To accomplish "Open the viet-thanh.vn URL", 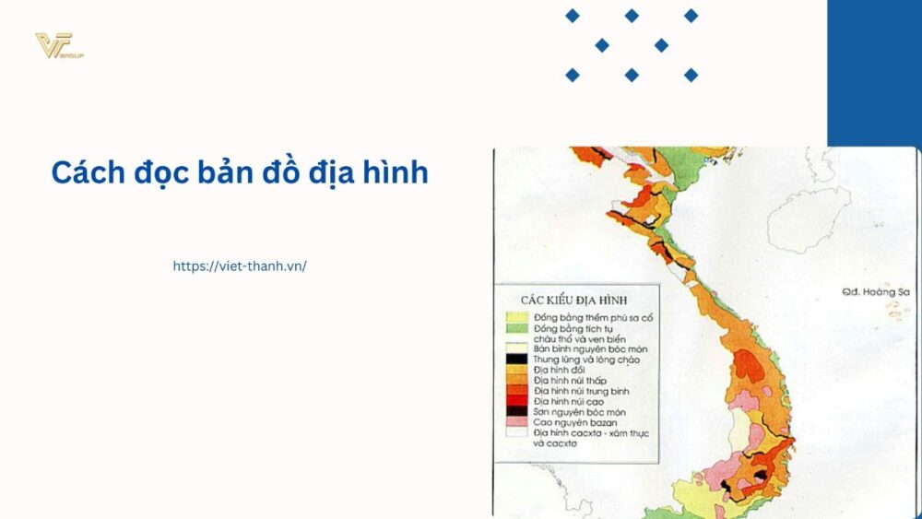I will coord(240,265).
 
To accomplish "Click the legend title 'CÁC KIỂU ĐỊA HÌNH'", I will coord(573,301).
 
